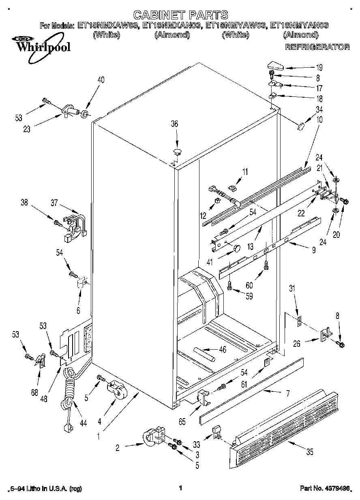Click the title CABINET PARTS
click(180, 15)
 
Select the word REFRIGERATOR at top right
click(317, 47)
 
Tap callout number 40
click(101, 80)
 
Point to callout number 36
click(174, 124)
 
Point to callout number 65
click(182, 422)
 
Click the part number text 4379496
click(337, 488)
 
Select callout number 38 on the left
click(24, 203)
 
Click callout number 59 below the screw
click(249, 296)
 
